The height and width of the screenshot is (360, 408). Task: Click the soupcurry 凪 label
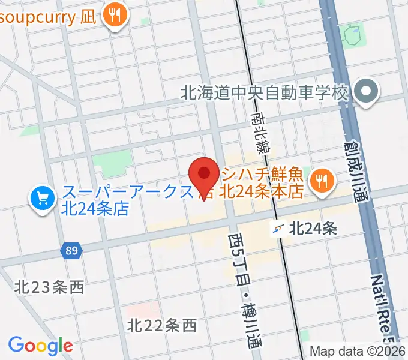tap(47, 16)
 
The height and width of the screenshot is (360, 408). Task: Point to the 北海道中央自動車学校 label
tap(265, 94)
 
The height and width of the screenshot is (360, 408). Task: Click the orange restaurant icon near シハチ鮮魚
tap(322, 179)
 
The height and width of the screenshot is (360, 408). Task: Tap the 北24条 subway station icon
tap(277, 228)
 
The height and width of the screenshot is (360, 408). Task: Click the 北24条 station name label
tap(313, 228)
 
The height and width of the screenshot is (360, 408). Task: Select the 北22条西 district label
tap(162, 326)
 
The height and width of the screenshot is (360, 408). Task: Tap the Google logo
tap(40, 346)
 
